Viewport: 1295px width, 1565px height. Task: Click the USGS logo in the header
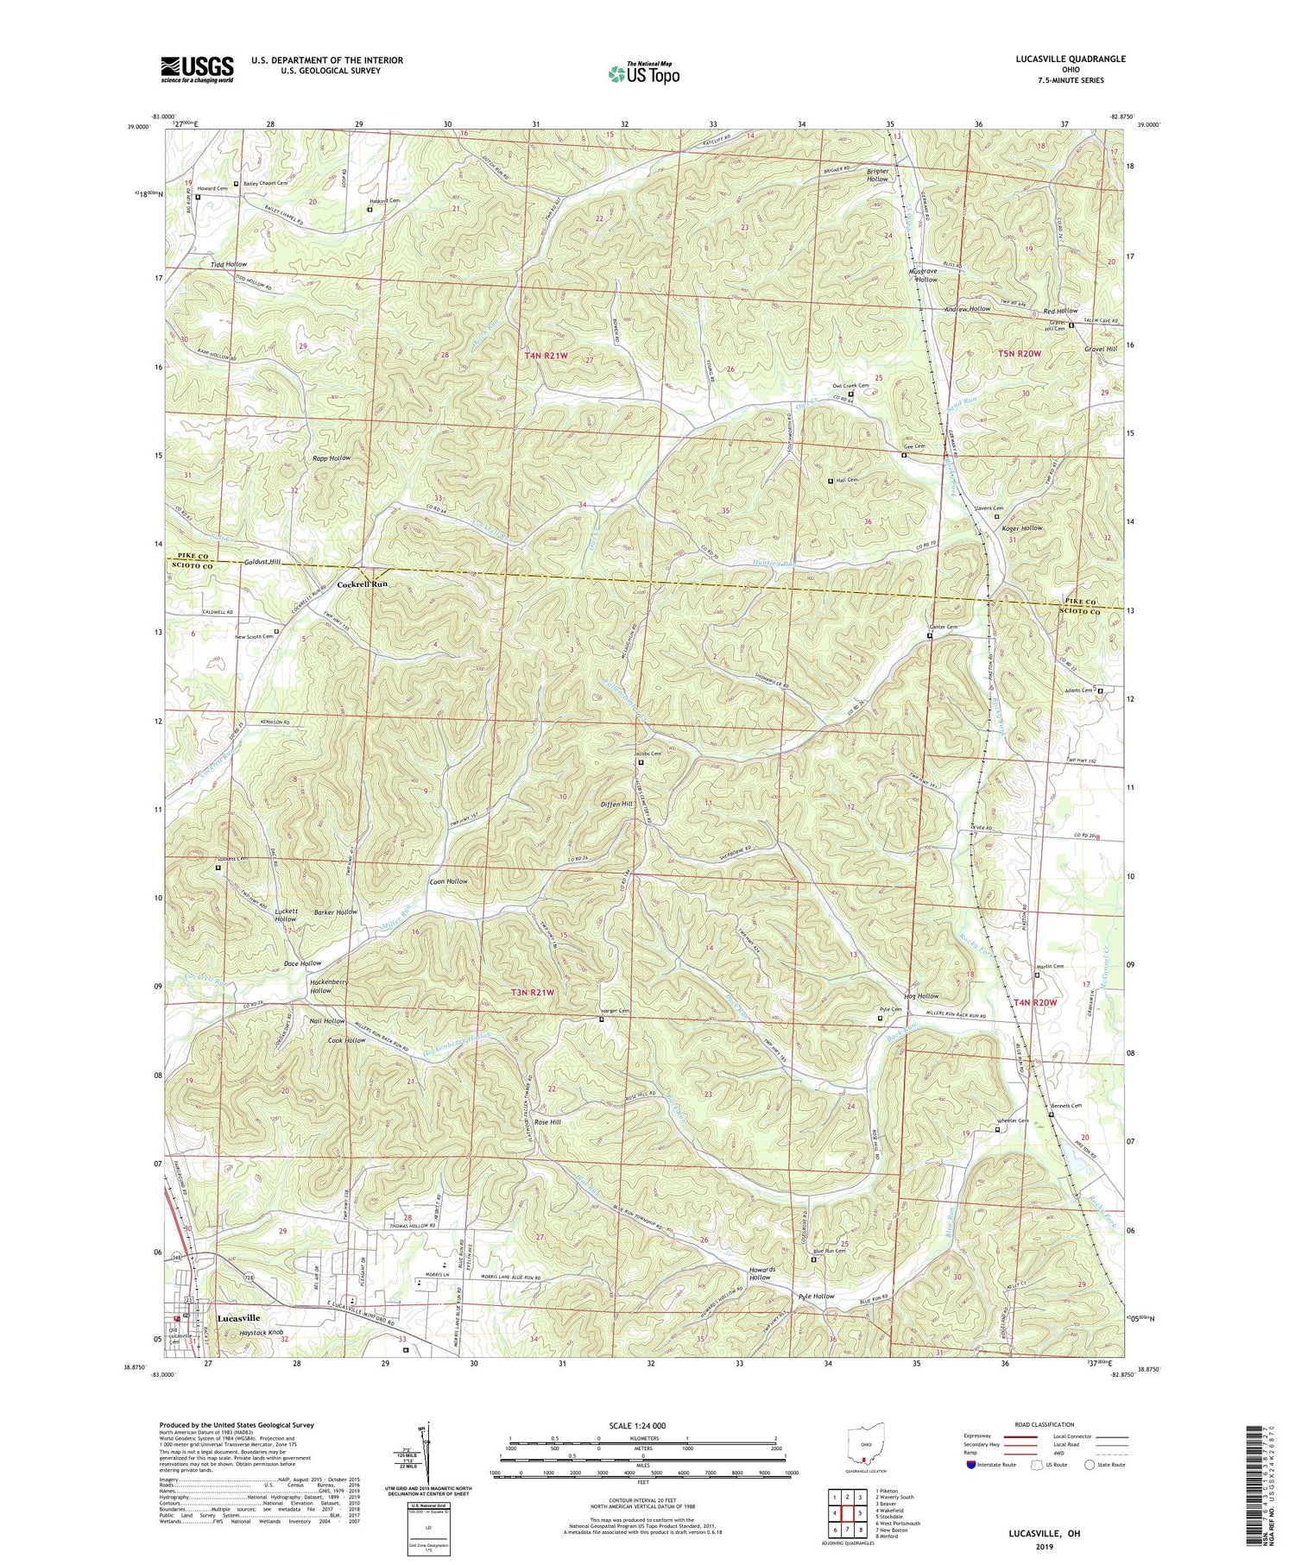point(197,69)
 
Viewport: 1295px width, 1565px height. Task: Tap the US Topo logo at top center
point(643,74)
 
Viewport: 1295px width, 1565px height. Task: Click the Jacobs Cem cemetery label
point(649,754)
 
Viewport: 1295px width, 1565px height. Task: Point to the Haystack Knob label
point(262,1334)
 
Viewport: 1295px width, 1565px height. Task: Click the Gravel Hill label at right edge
point(1101,349)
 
